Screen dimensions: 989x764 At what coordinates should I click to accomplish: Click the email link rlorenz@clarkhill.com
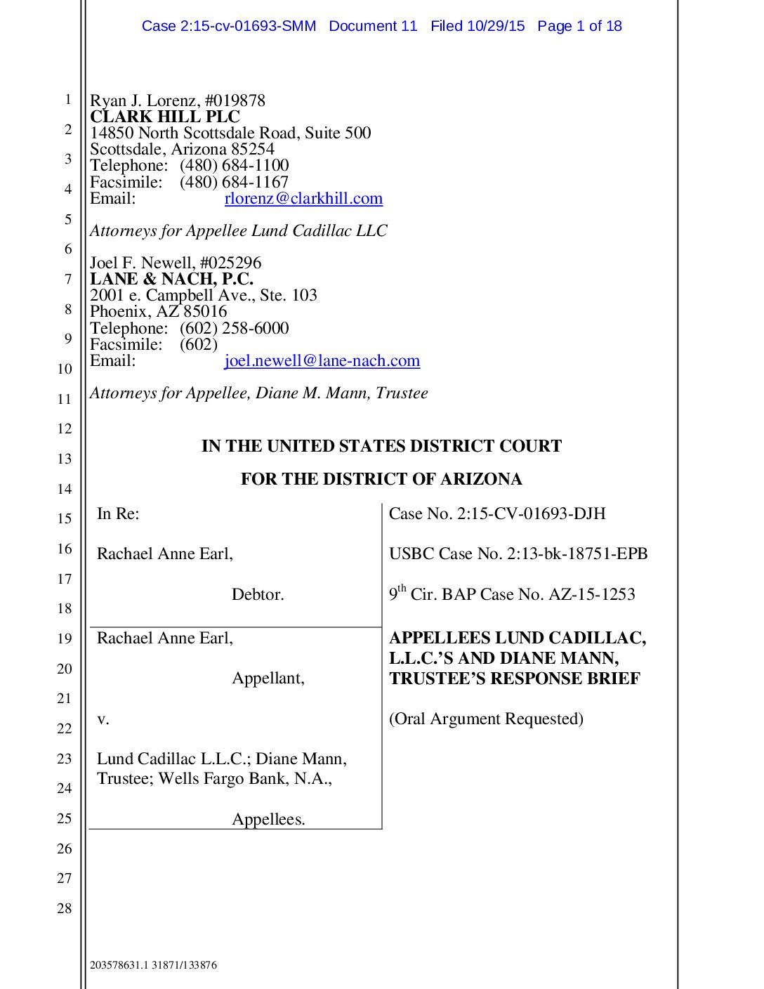(x=303, y=199)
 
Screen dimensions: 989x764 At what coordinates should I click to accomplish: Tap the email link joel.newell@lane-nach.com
(x=322, y=361)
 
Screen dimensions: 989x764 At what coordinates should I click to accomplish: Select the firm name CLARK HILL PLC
(x=165, y=117)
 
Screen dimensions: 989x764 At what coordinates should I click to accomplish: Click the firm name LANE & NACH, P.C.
(x=171, y=279)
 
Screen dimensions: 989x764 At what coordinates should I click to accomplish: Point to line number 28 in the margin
(x=64, y=908)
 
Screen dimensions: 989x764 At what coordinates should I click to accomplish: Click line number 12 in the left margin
(x=64, y=428)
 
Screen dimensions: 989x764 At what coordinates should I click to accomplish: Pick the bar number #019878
(x=235, y=100)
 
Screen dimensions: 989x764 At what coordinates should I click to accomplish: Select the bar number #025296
(x=230, y=263)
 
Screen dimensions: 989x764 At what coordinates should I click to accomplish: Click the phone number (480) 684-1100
(x=234, y=165)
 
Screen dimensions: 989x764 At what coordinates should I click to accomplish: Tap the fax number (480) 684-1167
(x=234, y=182)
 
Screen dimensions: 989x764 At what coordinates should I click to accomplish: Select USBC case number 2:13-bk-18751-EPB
(x=577, y=554)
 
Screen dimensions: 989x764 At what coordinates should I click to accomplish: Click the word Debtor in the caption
(x=258, y=594)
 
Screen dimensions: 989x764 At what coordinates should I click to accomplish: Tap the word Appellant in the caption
(x=268, y=679)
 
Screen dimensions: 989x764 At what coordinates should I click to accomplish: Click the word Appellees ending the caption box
(x=268, y=820)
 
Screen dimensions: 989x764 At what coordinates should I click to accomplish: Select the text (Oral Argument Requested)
(x=486, y=719)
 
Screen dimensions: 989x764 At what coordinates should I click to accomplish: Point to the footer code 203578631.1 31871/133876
(x=153, y=965)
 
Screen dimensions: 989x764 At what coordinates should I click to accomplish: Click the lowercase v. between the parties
(x=103, y=719)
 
